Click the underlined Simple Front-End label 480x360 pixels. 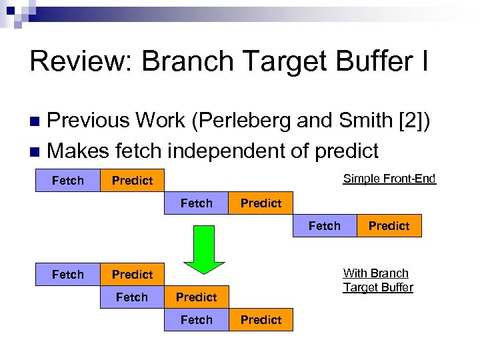tap(389, 178)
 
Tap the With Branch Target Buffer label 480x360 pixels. tap(378, 280)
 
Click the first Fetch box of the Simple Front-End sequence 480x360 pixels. tap(68, 181)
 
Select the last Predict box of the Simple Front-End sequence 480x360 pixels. tap(389, 226)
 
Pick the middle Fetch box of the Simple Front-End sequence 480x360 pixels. tap(197, 203)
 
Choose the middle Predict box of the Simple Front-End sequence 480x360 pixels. tap(261, 203)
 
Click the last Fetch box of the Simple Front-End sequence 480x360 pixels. tap(325, 226)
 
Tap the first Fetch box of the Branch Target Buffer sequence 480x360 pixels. tap(68, 275)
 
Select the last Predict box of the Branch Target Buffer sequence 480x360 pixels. tap(261, 320)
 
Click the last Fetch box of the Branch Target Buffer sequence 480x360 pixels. tap(197, 320)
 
